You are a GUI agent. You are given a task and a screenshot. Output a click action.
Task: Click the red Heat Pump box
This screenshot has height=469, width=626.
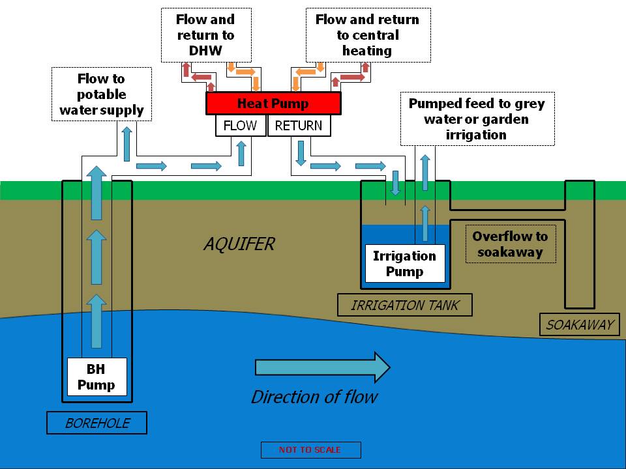pos(273,103)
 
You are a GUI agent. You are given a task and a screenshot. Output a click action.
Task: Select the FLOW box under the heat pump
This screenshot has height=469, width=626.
pos(241,126)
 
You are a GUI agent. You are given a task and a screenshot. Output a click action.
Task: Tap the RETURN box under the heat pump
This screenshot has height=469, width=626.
pos(299,126)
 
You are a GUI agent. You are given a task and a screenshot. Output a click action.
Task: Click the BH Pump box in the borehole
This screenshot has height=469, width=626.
pos(97,377)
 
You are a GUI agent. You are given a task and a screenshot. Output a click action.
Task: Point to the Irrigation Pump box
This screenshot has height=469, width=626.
pos(404,264)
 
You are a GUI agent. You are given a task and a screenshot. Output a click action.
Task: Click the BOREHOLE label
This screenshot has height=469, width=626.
pos(97,423)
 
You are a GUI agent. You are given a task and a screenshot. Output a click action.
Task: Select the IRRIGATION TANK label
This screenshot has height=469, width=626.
pos(404,305)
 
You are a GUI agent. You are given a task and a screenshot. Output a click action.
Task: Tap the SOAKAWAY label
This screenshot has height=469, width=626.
pos(580,324)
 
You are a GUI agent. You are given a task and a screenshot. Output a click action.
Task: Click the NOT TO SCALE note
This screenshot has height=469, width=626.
pos(310,450)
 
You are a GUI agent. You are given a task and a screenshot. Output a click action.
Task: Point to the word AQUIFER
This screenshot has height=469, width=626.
pos(239,244)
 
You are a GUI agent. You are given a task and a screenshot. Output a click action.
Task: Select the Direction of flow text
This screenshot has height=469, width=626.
pos(314,397)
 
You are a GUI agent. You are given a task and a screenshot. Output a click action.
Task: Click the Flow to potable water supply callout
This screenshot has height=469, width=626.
pos(102,94)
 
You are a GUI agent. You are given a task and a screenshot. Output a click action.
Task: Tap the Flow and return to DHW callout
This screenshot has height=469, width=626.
pos(205,35)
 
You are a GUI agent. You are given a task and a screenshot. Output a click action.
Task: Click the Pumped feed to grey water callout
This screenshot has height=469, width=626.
pos(477,119)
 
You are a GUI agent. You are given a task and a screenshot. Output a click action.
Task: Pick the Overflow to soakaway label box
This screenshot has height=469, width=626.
pos(511,244)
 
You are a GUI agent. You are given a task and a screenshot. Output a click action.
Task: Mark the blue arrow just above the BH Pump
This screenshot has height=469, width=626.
pos(97,320)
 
